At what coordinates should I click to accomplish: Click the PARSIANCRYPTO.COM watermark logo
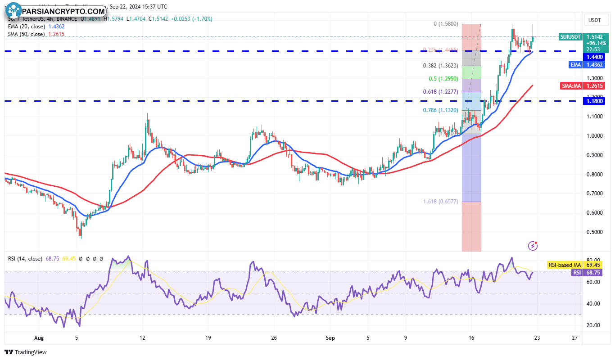click(x=57, y=11)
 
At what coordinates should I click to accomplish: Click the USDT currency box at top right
click(x=595, y=20)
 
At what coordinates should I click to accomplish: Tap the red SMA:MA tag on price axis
click(x=571, y=86)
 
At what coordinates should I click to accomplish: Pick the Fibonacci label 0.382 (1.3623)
click(x=440, y=66)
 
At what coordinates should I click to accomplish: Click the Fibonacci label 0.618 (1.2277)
click(x=440, y=92)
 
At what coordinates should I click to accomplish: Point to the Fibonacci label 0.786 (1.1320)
click(x=440, y=110)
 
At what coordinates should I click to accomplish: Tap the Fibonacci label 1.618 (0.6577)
click(x=440, y=202)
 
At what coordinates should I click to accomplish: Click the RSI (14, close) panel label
click(x=25, y=259)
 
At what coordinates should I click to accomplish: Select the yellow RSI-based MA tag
click(x=564, y=265)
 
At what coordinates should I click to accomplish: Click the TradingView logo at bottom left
click(x=26, y=352)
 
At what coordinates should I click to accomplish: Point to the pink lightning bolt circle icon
click(x=533, y=246)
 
